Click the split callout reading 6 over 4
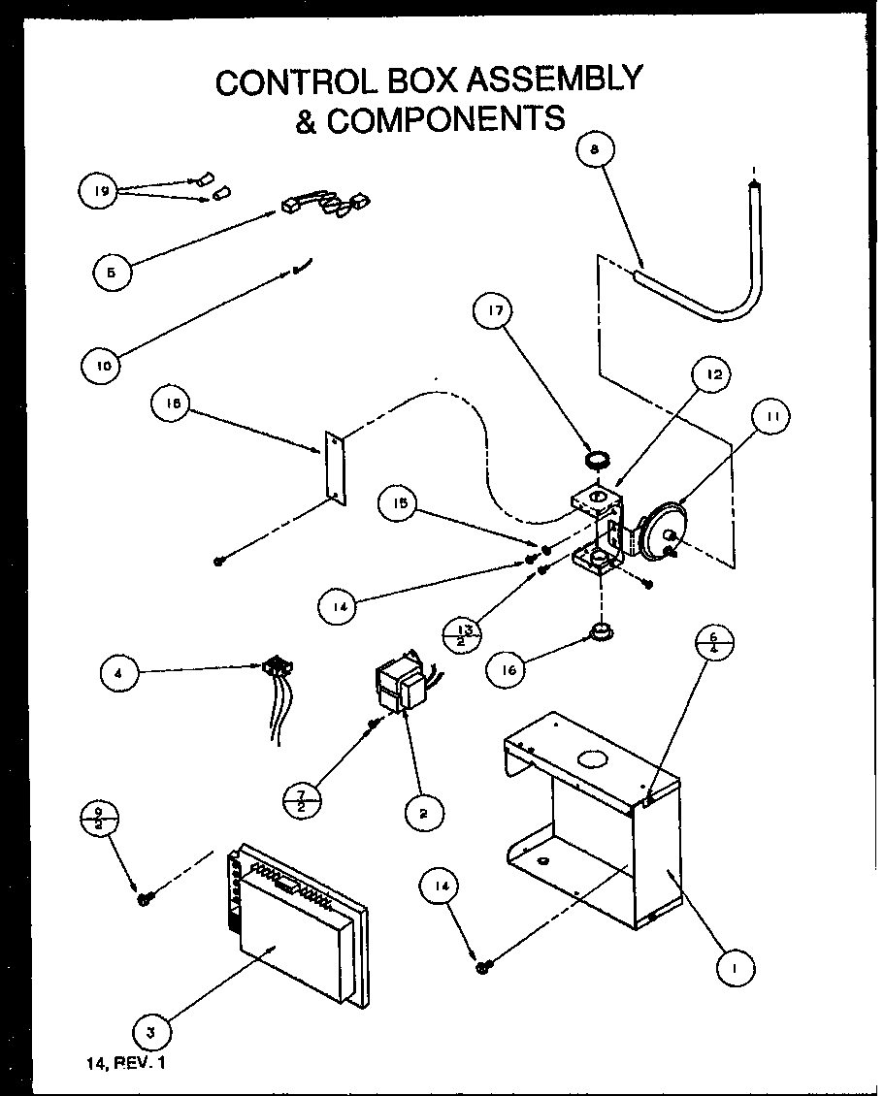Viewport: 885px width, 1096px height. (x=714, y=643)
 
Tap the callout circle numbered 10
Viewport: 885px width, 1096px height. (x=104, y=366)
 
